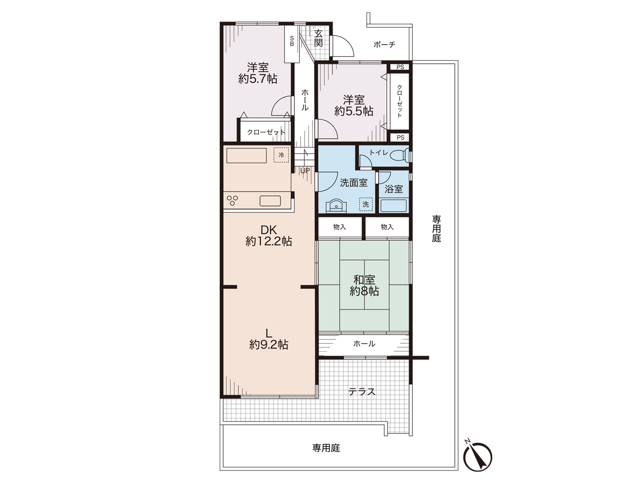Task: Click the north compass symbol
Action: tap(477, 456)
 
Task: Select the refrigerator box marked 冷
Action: tap(281, 155)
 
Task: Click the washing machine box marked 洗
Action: tap(366, 204)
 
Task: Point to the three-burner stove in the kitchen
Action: tap(232, 201)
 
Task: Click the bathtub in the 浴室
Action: tap(393, 206)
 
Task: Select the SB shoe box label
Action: tap(292, 41)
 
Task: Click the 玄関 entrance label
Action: tap(318, 38)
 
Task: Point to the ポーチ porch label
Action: tap(384, 45)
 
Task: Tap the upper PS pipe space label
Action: tap(400, 67)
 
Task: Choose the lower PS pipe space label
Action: tap(400, 137)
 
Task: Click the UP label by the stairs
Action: tap(305, 171)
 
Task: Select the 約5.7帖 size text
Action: tap(258, 79)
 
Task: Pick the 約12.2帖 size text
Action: tap(269, 241)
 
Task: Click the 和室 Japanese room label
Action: tap(364, 280)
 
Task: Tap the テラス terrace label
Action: tap(362, 392)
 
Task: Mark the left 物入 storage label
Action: tap(340, 227)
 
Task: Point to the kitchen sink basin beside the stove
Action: tap(270, 201)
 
